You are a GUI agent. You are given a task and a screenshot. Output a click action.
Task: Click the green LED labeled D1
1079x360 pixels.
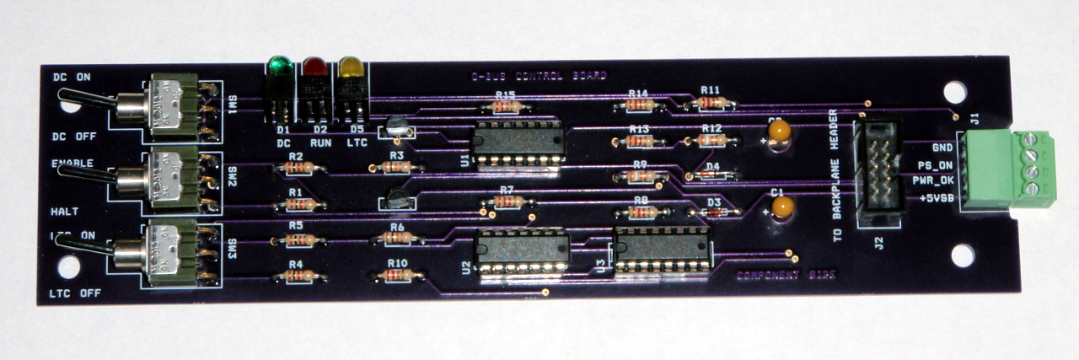(x=280, y=68)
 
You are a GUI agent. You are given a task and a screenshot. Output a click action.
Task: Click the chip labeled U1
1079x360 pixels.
(x=517, y=144)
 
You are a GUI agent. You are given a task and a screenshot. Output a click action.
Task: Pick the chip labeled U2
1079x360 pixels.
(x=522, y=251)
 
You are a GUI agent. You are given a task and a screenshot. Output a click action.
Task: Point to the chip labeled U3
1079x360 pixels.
(x=661, y=250)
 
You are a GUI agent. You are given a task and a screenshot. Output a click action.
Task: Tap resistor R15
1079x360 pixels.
(x=507, y=107)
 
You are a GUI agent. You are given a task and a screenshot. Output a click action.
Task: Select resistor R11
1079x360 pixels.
(x=711, y=102)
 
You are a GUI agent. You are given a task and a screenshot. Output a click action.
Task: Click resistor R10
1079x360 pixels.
(x=397, y=275)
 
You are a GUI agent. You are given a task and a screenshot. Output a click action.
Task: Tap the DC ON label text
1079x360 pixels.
(x=72, y=77)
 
